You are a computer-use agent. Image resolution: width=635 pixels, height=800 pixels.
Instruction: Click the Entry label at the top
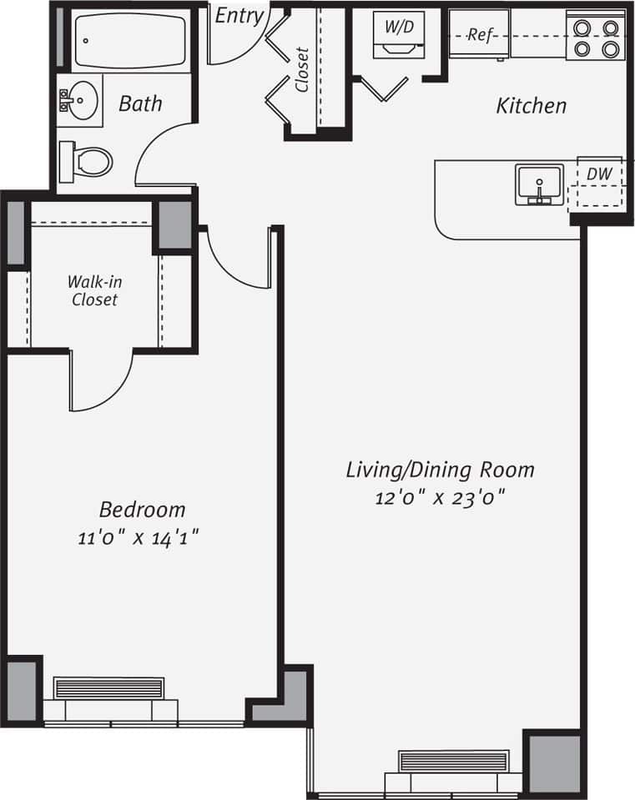coord(239,16)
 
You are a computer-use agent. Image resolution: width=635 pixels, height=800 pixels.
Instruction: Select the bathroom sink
coord(79,102)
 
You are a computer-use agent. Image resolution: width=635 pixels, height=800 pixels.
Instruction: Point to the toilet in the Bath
coord(88,159)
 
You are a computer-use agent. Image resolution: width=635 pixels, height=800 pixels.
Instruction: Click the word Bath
coord(140,104)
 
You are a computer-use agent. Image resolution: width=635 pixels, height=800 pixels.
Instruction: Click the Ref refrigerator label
coord(479,35)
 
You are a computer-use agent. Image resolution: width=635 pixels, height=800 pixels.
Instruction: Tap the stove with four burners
coord(595,37)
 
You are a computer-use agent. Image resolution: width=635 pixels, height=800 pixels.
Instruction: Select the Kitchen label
coord(532,106)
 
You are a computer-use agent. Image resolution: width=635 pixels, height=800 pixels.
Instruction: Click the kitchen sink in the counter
coord(539,184)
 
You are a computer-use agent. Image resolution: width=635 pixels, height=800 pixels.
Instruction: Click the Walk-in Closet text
coord(93,290)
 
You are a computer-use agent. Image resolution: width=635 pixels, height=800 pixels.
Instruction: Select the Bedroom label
coord(142,509)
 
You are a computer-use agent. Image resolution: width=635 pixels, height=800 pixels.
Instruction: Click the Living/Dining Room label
coord(440,470)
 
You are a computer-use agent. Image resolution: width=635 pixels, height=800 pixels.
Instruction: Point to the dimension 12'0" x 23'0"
coord(440,499)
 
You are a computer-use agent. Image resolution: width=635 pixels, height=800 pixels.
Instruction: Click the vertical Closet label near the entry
coord(301,69)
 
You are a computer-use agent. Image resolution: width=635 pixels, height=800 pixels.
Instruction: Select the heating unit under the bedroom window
coord(109,689)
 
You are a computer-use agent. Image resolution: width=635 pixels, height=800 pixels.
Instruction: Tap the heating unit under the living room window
coord(453,762)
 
